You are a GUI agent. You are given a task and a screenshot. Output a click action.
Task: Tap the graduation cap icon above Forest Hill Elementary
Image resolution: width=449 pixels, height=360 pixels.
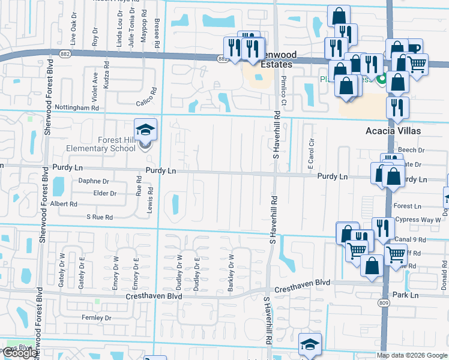[145, 130]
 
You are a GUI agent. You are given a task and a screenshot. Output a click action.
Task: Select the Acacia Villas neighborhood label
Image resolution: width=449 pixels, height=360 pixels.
[393, 130]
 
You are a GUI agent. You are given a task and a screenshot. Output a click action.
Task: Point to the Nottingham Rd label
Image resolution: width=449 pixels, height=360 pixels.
[76, 107]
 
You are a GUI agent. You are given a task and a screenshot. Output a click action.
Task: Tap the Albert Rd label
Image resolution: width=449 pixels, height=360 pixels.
[64, 204]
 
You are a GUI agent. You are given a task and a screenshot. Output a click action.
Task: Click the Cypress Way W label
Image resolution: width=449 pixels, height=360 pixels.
[418, 220]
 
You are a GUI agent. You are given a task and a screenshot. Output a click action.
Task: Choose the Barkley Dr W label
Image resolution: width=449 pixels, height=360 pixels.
[231, 274]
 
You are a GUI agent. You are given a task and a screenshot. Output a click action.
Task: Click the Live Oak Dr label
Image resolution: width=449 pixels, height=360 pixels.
[73, 34]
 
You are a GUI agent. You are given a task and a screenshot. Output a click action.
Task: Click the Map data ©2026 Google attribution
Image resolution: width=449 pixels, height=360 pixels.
[412, 355]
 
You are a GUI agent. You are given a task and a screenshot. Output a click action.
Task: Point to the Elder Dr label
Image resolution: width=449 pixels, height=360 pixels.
[104, 193]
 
